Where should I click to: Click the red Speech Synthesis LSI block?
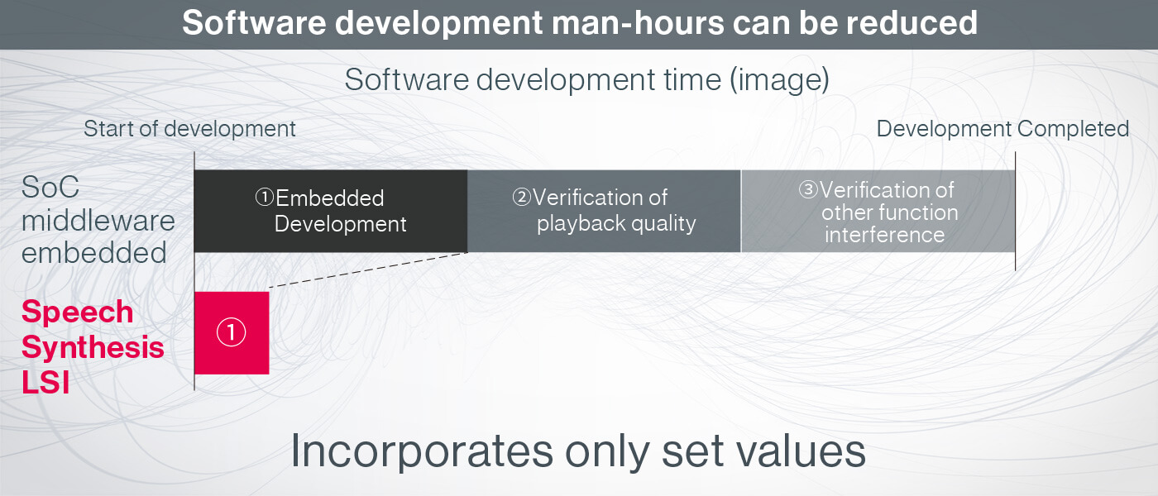click(232, 332)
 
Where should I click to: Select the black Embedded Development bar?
click(331, 211)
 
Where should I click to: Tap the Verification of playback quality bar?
click(604, 211)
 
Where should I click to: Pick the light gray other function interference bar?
click(878, 212)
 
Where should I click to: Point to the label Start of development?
click(189, 129)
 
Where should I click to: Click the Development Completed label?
click(1002, 129)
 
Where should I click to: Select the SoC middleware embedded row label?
click(98, 220)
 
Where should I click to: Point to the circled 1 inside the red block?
click(231, 332)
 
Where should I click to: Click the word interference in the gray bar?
click(884, 235)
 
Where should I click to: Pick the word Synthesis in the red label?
click(93, 348)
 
